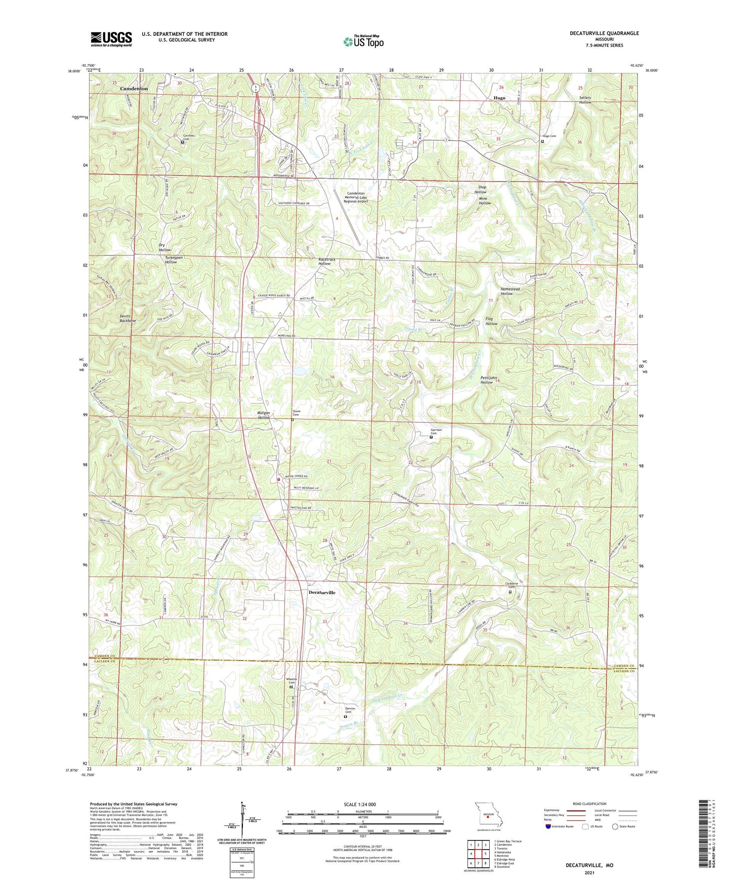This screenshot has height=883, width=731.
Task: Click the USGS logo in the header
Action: click(x=111, y=38)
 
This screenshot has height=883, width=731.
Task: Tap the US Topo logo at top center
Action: click(x=363, y=41)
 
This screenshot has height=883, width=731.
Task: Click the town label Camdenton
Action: click(x=134, y=89)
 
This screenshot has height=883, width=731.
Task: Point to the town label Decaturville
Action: click(x=322, y=592)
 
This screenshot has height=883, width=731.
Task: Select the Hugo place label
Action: click(x=499, y=98)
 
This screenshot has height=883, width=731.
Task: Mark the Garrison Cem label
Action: click(x=436, y=432)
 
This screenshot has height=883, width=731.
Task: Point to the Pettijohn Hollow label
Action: click(x=486, y=379)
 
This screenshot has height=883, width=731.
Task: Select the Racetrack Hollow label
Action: click(x=326, y=261)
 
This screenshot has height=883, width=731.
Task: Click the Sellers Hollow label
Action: click(x=585, y=100)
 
